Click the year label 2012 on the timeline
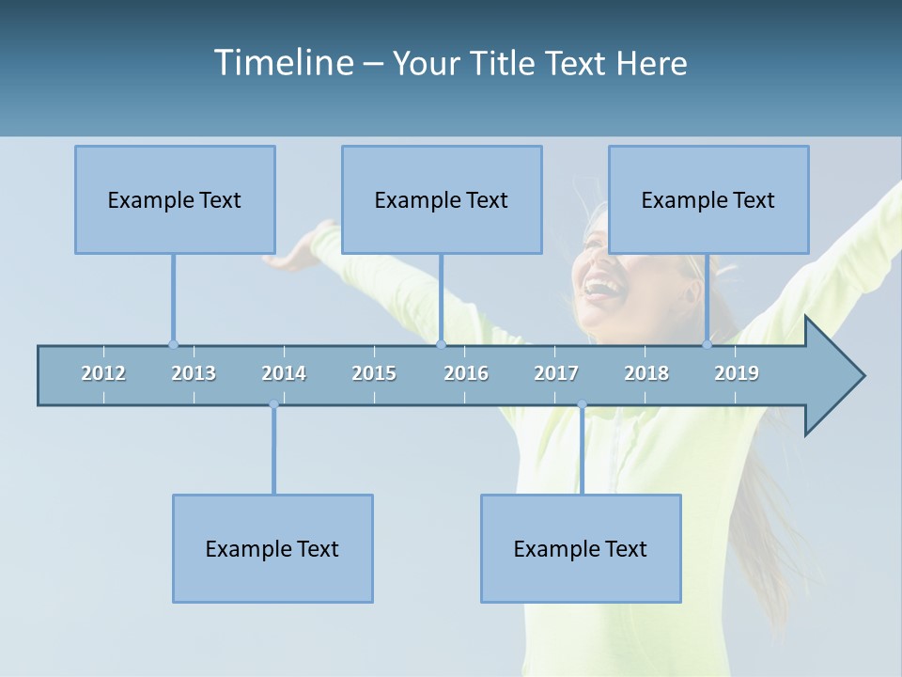103,373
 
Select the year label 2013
194,373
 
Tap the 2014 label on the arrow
284,373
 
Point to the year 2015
374,373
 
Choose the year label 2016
466,373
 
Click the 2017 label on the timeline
556,373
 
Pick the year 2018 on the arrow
646,373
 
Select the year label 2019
737,373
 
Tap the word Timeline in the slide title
283,63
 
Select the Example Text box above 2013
175,199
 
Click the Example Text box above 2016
442,199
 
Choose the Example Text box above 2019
708,199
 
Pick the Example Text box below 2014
272,548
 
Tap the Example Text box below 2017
581,548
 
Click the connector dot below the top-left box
173,344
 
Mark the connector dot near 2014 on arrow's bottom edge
273,404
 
